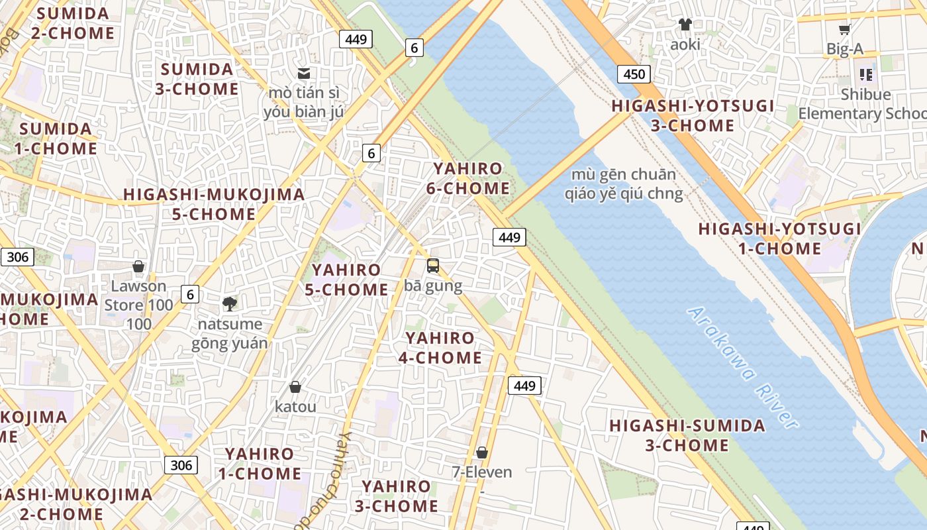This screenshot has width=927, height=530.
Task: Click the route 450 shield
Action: tap(634, 74)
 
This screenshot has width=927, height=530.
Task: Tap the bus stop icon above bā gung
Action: tap(433, 266)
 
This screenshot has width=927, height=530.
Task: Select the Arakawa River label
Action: tap(742, 367)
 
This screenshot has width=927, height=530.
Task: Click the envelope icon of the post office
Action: tap(304, 74)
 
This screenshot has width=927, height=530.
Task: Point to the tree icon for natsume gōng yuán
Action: tap(230, 304)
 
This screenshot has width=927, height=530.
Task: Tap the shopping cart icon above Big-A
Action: tap(844, 29)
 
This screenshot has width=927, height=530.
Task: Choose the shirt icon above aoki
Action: tap(685, 25)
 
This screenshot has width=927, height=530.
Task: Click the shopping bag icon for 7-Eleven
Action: tap(482, 452)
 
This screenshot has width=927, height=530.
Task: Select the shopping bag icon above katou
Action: tap(295, 387)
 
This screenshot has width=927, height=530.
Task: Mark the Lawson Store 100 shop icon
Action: tap(138, 266)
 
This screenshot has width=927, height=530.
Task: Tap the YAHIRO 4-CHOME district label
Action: tap(440, 348)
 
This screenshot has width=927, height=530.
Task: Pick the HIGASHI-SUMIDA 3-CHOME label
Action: tap(687, 435)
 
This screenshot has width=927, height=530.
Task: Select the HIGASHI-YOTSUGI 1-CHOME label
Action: tap(779, 239)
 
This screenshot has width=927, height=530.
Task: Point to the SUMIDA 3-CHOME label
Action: tap(197, 79)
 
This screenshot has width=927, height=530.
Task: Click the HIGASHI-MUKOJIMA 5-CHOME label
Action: tap(214, 204)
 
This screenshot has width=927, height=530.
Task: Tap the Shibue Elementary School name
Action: tap(864, 104)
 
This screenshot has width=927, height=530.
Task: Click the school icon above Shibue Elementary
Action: tap(865, 74)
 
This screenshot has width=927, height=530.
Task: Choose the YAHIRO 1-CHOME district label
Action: tap(259, 464)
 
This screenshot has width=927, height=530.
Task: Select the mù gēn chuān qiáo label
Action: tap(623, 184)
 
